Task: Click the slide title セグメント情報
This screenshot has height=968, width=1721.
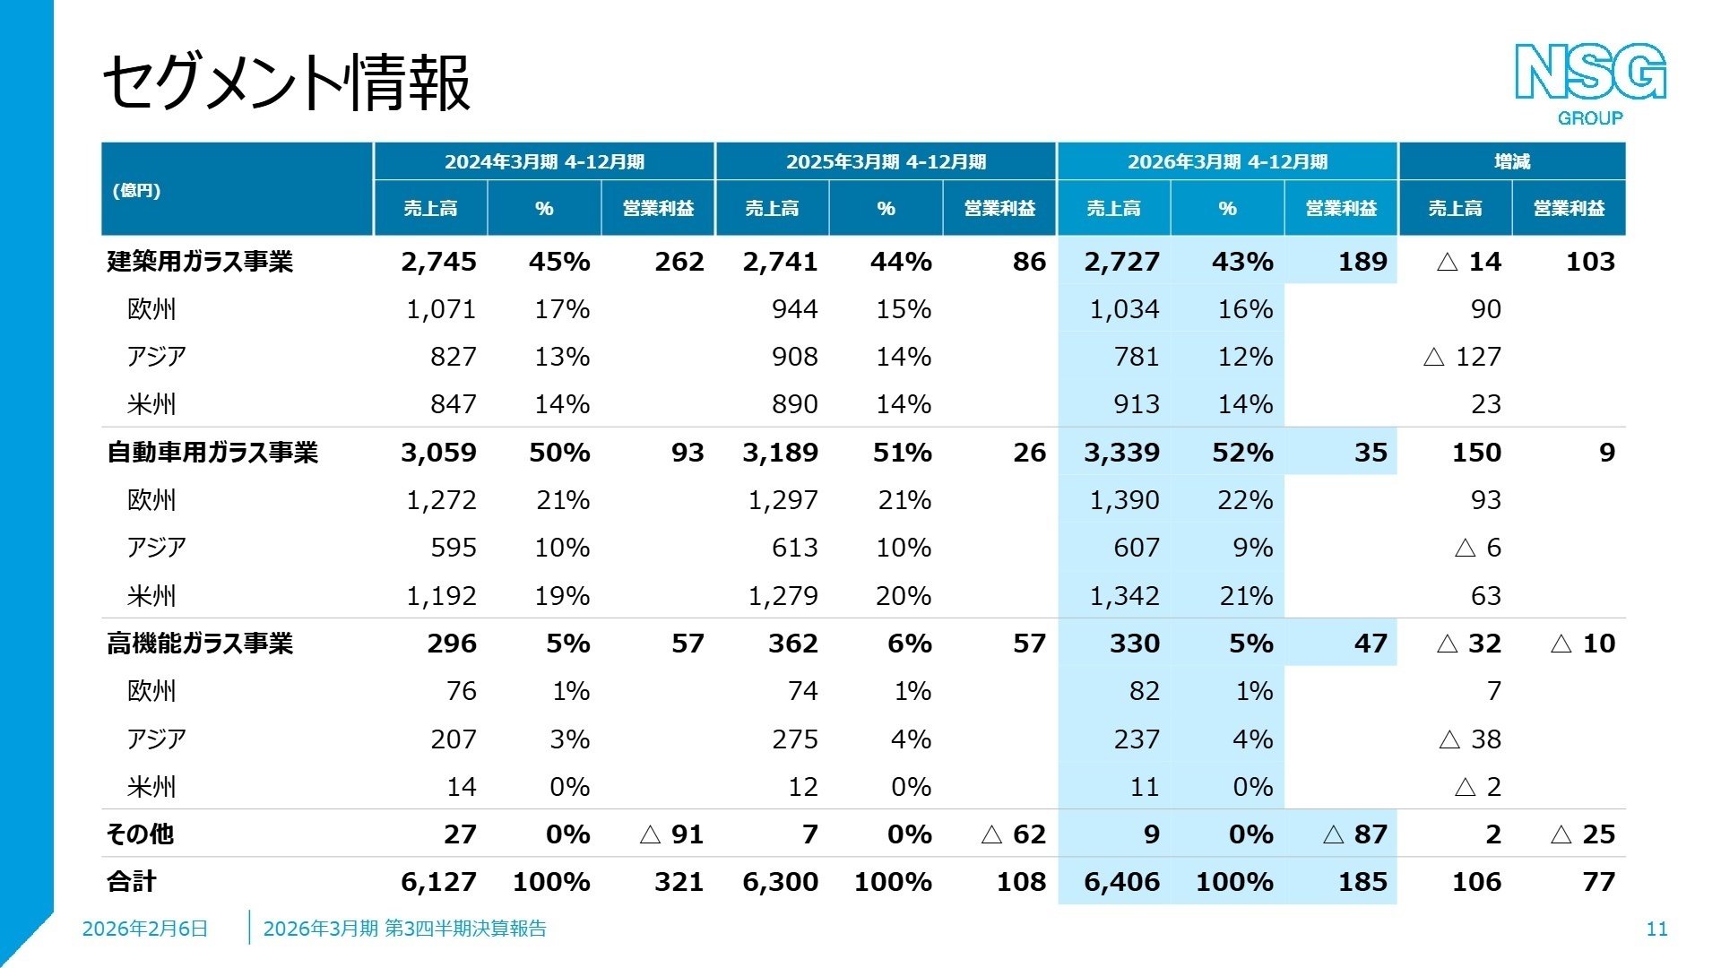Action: click(287, 82)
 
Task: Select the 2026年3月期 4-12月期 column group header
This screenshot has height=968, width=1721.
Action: click(1227, 161)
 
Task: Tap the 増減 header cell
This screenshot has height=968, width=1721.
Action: click(1511, 161)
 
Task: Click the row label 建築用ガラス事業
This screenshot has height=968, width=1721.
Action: click(200, 262)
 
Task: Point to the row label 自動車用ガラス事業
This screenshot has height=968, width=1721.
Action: click(212, 453)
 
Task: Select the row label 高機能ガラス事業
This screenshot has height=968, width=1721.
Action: click(200, 644)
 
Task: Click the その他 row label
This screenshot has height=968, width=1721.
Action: click(140, 834)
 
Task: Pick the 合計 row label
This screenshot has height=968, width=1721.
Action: click(132, 882)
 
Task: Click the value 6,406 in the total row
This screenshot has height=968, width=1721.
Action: click(1121, 882)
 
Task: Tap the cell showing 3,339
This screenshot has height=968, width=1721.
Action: click(1121, 453)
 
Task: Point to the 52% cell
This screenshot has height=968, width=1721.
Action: click(1242, 453)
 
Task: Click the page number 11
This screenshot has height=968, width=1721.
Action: click(1656, 929)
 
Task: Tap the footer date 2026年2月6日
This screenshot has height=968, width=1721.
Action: click(145, 929)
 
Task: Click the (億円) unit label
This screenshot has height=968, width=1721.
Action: click(136, 190)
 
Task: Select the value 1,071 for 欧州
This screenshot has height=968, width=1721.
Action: click(441, 309)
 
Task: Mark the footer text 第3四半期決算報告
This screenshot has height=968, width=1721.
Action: click(465, 929)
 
